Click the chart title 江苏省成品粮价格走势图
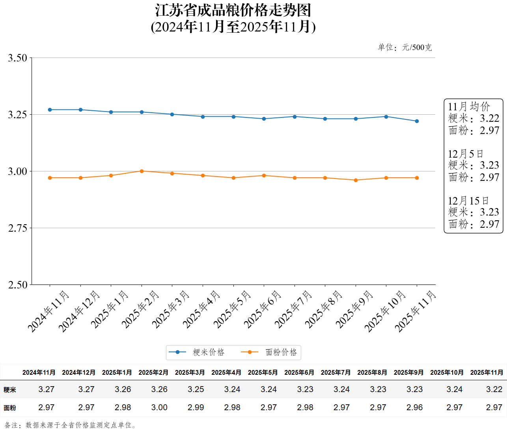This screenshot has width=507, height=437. point(233,11)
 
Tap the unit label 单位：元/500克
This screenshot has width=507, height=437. point(404,48)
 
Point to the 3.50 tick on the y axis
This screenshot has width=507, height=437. point(18,58)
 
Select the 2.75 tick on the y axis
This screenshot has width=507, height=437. point(18,228)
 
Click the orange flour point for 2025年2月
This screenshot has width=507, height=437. point(142,171)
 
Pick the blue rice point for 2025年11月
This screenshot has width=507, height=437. point(417,121)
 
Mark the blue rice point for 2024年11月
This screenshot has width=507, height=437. point(50,110)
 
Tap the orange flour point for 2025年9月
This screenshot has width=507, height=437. point(356,180)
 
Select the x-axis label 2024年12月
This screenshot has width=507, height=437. point(79,311)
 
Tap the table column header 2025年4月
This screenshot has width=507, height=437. point(226,372)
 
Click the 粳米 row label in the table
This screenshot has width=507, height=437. point(10,390)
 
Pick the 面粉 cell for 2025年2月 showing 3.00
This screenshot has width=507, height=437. point(159,407)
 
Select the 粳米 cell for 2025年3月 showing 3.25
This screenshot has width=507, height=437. point(196,389)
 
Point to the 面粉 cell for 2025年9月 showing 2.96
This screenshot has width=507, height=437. point(414,407)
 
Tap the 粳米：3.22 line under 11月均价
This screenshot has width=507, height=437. point(473,119)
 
